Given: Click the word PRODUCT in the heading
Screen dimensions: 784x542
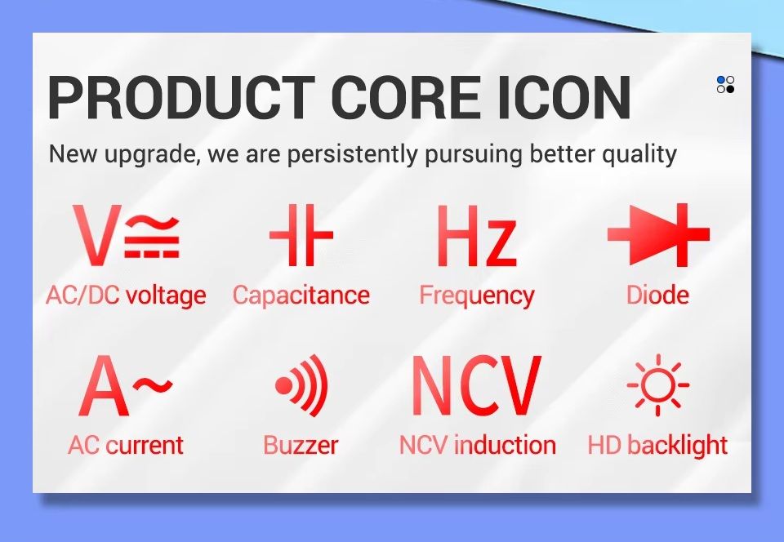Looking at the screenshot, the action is (181, 97).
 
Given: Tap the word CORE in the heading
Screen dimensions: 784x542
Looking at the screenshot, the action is (406, 97).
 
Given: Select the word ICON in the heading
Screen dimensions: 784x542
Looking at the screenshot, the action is (564, 97).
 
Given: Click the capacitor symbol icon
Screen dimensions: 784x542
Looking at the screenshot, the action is (301, 234).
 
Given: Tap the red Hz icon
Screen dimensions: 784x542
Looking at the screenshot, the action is (476, 236).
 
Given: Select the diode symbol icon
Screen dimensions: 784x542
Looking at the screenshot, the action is (658, 234).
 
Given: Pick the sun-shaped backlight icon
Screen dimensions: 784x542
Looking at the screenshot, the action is (658, 385).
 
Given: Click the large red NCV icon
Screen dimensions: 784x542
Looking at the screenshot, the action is (477, 385).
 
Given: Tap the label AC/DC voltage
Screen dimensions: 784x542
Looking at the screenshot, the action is (126, 295).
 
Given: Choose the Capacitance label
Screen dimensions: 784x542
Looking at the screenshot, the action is (301, 295).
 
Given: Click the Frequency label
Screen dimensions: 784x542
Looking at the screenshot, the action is (476, 295).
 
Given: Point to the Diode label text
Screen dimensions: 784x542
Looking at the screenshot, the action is (657, 295).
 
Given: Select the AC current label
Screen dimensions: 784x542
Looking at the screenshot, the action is (126, 445).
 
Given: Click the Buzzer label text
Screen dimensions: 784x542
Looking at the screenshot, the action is (301, 445).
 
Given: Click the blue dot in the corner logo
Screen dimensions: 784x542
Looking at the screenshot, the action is (721, 81).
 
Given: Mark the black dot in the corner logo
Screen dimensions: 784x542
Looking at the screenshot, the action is (730, 89).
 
